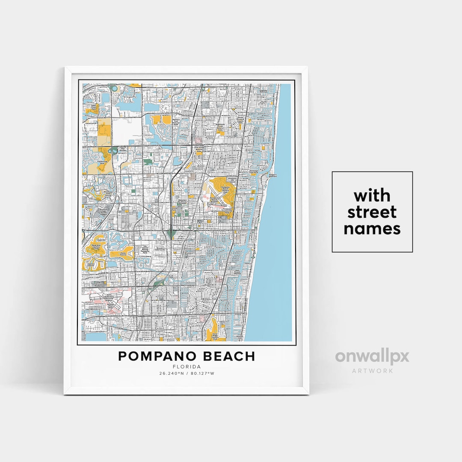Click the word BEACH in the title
(231, 356)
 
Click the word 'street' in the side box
(372, 213)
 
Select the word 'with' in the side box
(372, 196)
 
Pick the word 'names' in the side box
(372, 229)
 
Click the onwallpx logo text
(372, 356)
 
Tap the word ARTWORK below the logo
(372, 370)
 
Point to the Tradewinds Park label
(102, 162)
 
